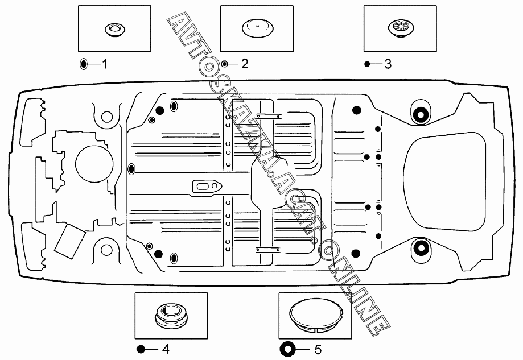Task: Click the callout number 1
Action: coord(105,64)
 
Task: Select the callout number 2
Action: coord(245,64)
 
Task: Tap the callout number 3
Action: coord(388,64)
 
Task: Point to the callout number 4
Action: coord(165,349)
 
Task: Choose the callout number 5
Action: coord(318,349)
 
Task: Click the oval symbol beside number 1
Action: coord(84,64)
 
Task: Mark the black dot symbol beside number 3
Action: coord(367,64)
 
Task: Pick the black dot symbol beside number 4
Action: coord(141,349)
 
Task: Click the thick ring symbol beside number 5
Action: coord(286,349)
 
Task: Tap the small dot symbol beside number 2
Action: coord(225,64)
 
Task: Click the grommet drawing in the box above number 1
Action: coord(114,29)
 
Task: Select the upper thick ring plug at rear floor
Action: coord(421,114)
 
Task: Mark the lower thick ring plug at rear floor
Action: coord(421,248)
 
